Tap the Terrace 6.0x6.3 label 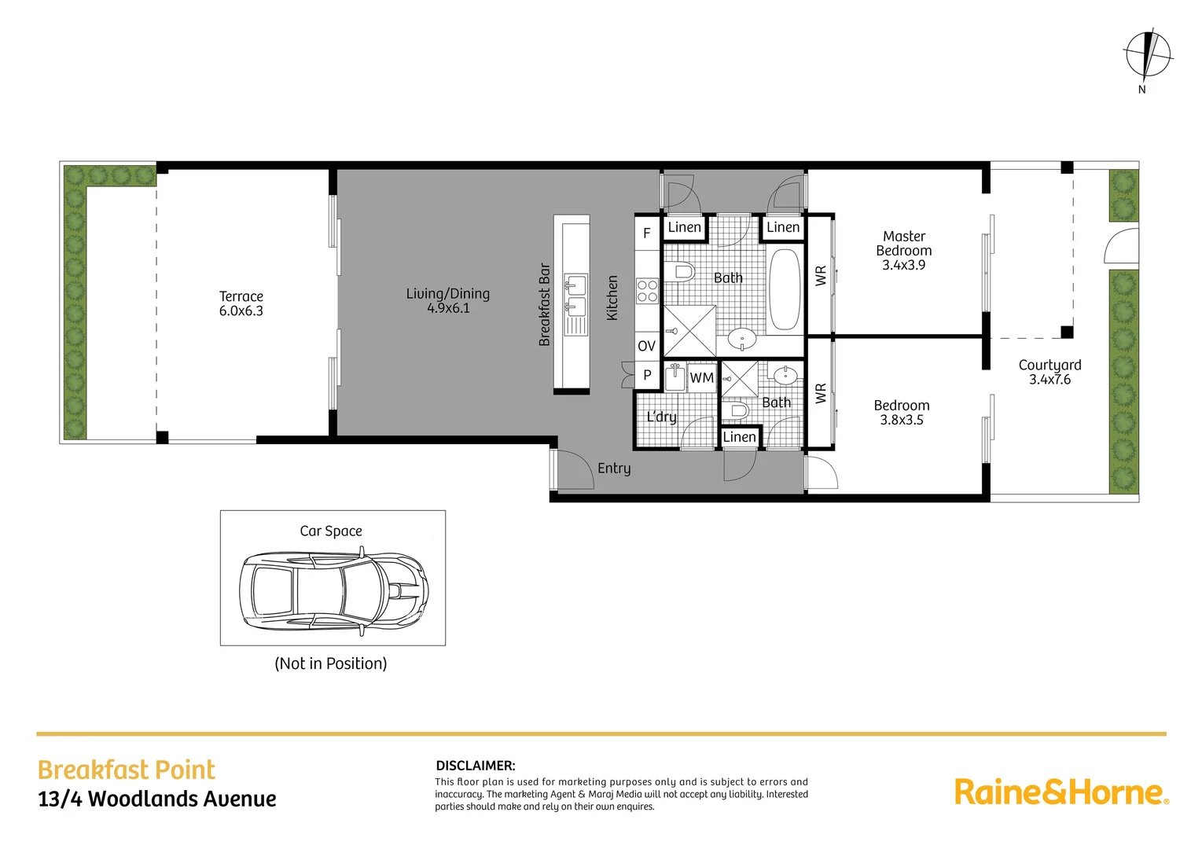[x=241, y=303]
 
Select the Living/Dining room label [x=448, y=300]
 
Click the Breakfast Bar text [x=544, y=304]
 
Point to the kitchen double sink [x=575, y=296]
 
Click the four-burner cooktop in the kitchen [x=647, y=291]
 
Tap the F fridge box [x=647, y=233]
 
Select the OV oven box [x=647, y=346]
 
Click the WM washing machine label [x=702, y=378]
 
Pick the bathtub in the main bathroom [x=784, y=289]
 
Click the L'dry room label [x=661, y=417]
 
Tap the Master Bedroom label [x=904, y=251]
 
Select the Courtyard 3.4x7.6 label [x=1050, y=372]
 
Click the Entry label [x=615, y=469]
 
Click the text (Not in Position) [x=330, y=663]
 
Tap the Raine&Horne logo [x=1062, y=792]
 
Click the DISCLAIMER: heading [x=476, y=766]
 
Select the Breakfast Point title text [x=126, y=770]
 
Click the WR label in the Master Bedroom [x=821, y=276]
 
